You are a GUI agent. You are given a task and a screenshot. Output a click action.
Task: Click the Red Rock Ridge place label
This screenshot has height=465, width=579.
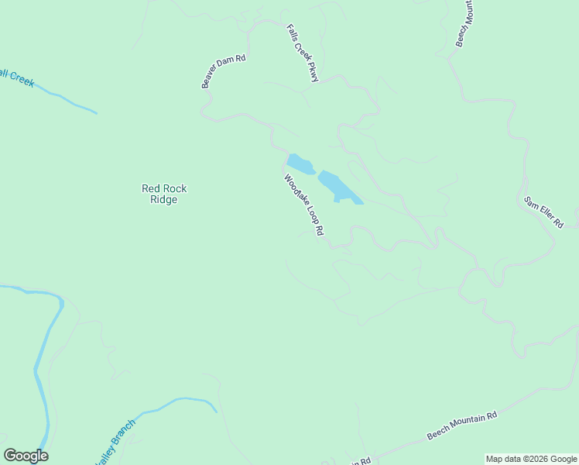coord(164,194)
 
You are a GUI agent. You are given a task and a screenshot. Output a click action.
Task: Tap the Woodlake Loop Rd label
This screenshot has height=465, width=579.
coord(303,205)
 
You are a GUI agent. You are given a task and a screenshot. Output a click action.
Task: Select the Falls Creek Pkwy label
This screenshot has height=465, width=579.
coord(303,53)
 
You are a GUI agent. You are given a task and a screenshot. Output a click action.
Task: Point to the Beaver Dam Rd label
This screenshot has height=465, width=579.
coord(224,71)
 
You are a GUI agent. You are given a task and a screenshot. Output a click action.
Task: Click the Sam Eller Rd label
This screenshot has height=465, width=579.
coord(543,212)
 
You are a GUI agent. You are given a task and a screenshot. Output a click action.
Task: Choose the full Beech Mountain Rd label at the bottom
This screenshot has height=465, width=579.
coord(462,427)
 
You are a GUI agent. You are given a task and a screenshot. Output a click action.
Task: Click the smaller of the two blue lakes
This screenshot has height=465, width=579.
coord(300,164)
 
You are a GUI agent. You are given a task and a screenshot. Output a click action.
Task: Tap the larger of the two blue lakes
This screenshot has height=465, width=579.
coord(338,186)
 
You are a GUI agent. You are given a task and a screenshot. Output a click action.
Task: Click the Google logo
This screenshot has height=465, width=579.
coord(26,456)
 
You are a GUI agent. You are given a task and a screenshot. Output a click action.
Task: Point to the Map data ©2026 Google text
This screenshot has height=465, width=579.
coord(531,459)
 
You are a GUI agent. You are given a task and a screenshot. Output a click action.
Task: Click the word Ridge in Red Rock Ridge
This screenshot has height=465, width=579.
coord(164,200)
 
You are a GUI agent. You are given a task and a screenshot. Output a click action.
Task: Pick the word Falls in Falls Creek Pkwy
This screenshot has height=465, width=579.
coord(292,32)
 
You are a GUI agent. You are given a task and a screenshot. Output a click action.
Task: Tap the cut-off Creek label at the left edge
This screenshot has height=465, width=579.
coord(17,76)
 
